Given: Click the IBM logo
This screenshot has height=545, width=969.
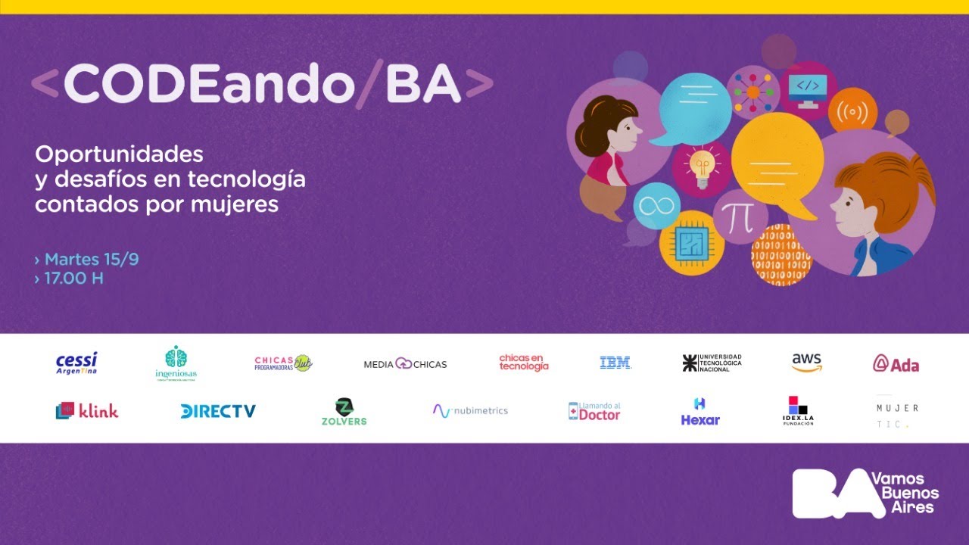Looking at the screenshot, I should pos(615,363).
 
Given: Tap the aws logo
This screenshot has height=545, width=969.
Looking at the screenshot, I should pos(806,363).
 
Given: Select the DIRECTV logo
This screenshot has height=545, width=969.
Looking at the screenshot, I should pos(218,411).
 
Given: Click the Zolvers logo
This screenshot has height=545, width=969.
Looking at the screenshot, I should pos(344,412).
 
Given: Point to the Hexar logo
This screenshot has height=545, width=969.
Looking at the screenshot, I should pos(700,412).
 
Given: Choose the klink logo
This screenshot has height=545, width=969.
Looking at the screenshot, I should pos(87,411).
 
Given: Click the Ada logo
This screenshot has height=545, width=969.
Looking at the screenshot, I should pos(896,364).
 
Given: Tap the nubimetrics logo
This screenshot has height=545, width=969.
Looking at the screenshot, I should pos(470,410).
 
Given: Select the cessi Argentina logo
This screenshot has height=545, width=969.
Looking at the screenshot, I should pos(76,363).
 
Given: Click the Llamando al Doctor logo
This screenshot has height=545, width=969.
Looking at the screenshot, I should pos(594,411).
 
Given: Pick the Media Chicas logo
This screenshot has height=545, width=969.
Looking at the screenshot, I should pos(405,364).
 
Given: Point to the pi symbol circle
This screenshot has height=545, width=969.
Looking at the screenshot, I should pos(740,217).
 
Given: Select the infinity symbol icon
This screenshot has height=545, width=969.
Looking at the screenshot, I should pos(656,205).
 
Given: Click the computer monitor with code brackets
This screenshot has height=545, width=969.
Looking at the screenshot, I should pos(808,89).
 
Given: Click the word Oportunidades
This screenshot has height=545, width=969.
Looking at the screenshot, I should pos(120,154).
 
